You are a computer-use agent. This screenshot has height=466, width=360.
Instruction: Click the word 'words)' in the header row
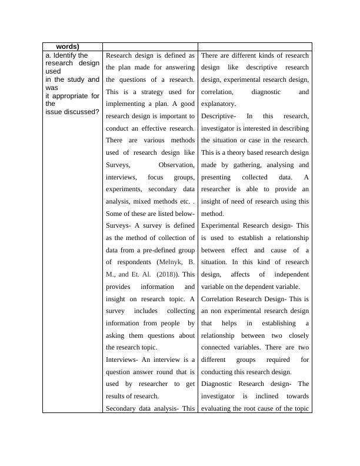[68, 46]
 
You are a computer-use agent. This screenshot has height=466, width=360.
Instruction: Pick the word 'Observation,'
[176, 165]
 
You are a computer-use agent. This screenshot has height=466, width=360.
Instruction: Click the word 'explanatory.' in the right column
[219, 104]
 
